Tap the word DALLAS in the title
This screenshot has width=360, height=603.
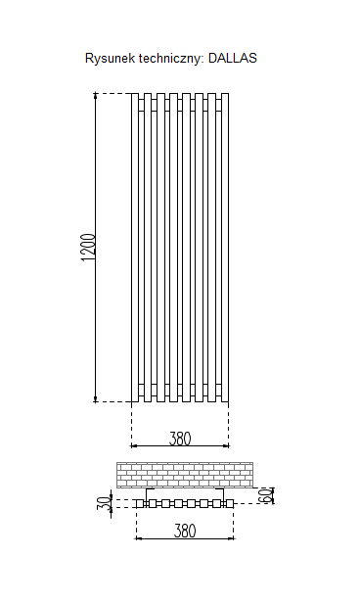pyautogui.click(x=233, y=58)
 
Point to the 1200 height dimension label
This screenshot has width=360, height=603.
pyautogui.click(x=88, y=248)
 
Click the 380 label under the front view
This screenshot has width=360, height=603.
pyautogui.click(x=180, y=438)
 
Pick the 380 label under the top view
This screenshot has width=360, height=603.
pyautogui.click(x=185, y=532)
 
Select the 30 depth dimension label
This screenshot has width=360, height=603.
pyautogui.click(x=103, y=502)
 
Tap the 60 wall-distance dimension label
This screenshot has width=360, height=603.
pyautogui.click(x=265, y=494)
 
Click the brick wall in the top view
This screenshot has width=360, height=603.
pyautogui.click(x=185, y=475)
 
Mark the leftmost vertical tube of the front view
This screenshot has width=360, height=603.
pyautogui.click(x=135, y=248)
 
